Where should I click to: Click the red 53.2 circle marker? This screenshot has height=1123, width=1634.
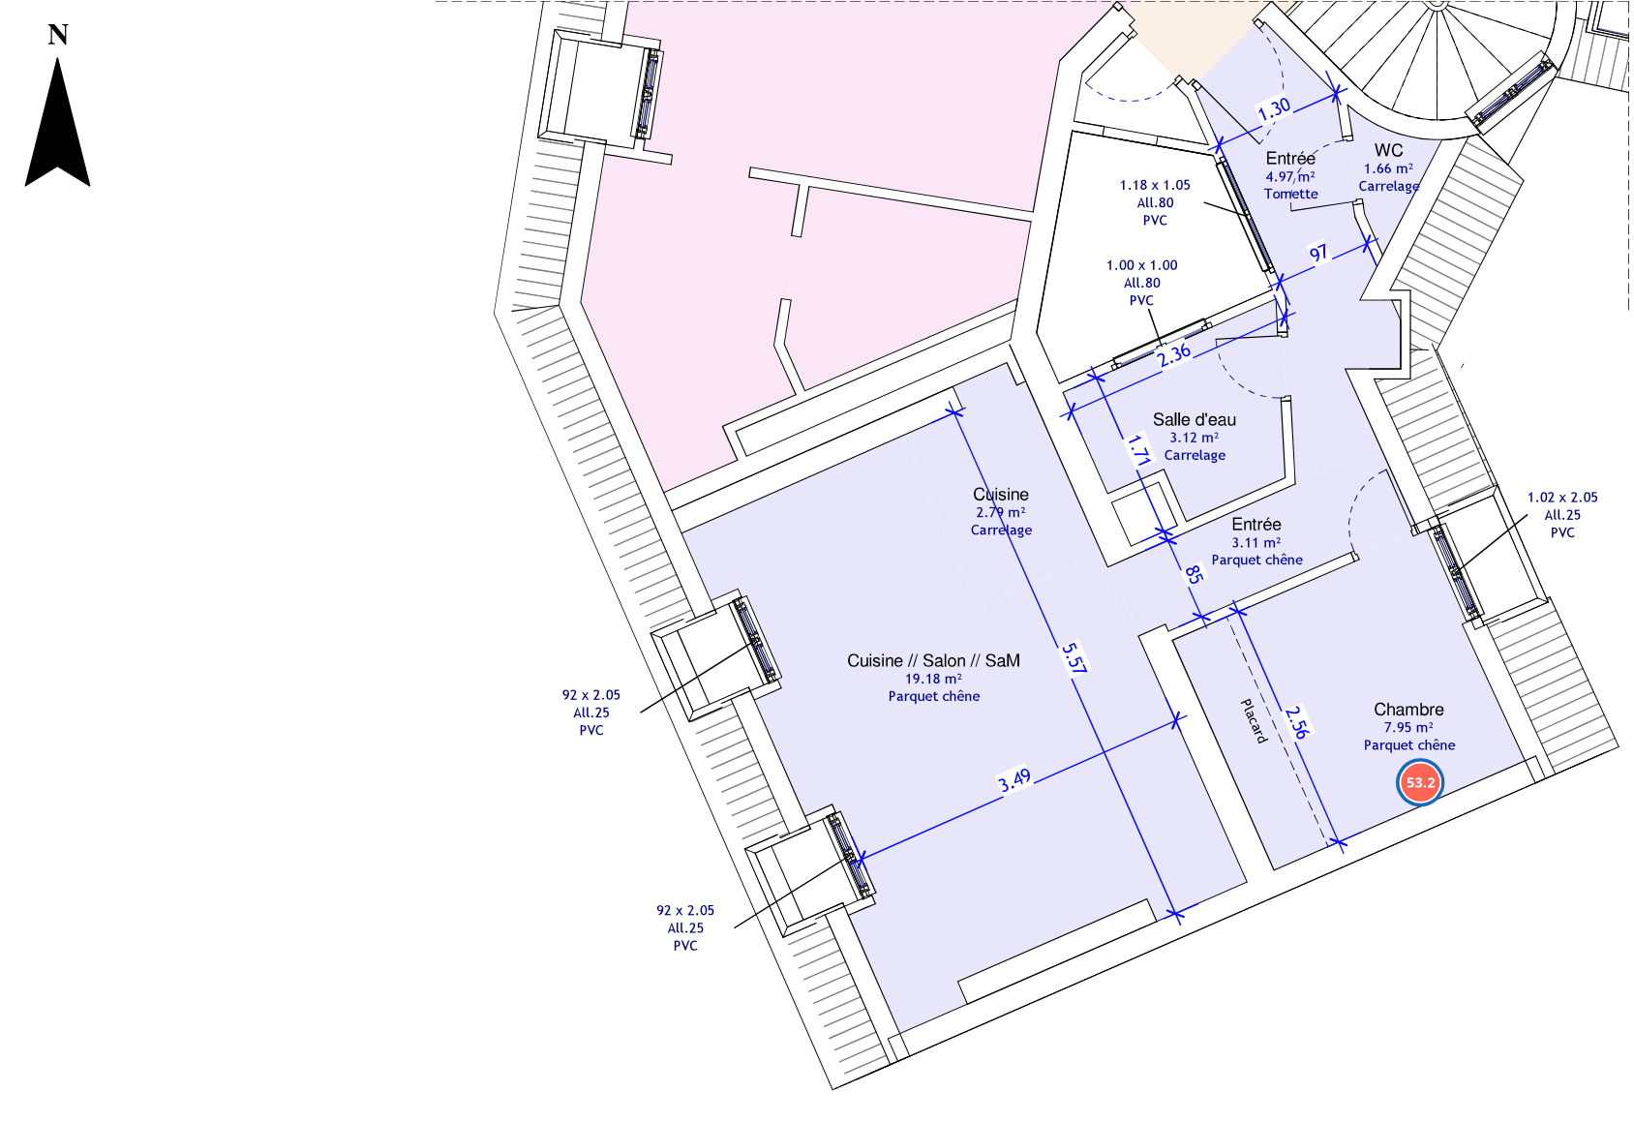(x=1419, y=782)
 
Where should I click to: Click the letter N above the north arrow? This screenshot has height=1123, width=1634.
(x=58, y=34)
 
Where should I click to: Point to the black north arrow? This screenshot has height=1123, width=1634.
(x=58, y=123)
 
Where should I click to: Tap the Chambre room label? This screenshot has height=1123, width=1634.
(x=1408, y=710)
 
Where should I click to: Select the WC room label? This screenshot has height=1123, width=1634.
(x=1388, y=150)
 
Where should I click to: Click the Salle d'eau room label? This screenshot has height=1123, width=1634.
(x=1195, y=419)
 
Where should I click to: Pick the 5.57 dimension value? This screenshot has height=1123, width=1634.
(x=1074, y=657)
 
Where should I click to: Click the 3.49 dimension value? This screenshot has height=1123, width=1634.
(x=1014, y=780)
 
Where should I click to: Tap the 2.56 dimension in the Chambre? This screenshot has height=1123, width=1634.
(x=1297, y=721)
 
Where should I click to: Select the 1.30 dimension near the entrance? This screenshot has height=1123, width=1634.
(x=1274, y=109)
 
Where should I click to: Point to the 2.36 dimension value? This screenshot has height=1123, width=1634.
(x=1173, y=354)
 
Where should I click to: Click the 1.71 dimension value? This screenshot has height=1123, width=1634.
(x=1138, y=450)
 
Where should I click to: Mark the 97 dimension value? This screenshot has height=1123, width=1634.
(x=1318, y=254)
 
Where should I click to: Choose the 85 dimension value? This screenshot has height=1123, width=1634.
(x=1194, y=574)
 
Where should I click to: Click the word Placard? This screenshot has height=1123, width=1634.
(x=1254, y=721)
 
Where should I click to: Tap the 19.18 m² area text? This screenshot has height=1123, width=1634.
(x=933, y=679)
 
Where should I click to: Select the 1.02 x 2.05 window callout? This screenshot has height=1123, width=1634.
(x=1561, y=497)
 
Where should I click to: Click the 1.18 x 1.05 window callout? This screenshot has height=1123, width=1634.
(x=1155, y=185)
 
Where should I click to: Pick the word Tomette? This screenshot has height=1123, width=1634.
(x=1290, y=194)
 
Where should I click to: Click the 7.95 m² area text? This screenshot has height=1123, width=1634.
(x=1408, y=727)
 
